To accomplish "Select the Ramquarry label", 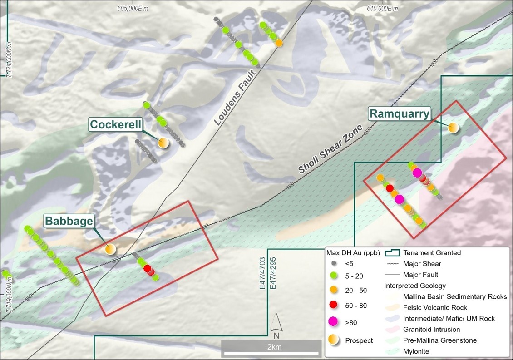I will [x=399, y=113].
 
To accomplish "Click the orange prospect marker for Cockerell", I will [x=163, y=143].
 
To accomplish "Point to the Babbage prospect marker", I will [x=110, y=249].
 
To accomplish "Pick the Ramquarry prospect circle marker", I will [x=453, y=128].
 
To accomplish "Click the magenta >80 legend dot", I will [x=333, y=322].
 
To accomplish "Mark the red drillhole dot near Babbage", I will [x=148, y=269].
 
